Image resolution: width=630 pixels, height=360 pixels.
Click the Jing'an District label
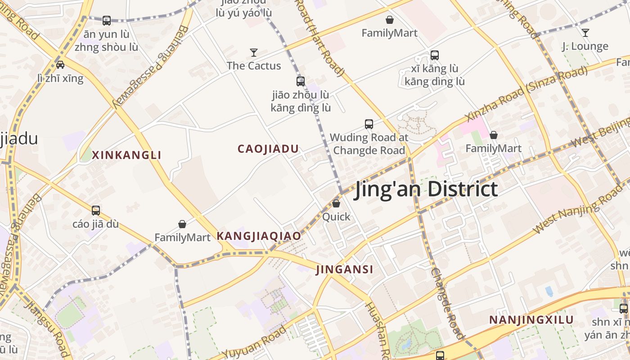coord(426,189)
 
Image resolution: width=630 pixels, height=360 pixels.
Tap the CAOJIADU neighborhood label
coord(268,149)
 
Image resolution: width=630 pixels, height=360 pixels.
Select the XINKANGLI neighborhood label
coord(126,155)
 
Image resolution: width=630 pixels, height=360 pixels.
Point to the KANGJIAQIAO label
coord(259,236)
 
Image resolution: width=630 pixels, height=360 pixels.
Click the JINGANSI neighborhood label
coord(345,270)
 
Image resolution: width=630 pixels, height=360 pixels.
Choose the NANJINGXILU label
coord(531,320)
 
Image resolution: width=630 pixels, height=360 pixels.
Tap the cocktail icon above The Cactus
coord(254,53)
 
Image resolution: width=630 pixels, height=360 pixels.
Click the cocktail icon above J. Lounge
coord(585,33)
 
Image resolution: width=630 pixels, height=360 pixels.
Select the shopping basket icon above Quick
coord(336,203)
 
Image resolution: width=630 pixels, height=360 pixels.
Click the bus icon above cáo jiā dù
coord(96,210)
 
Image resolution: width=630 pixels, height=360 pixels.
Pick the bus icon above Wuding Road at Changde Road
coord(369,124)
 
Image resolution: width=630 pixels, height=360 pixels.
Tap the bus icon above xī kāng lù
coord(435,55)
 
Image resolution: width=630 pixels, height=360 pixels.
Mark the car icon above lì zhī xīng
coord(60,64)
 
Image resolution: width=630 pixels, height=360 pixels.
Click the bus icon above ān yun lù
coord(107,20)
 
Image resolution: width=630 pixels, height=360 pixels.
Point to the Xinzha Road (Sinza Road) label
coord(527,94)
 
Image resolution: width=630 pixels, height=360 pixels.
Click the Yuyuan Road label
coord(255,343)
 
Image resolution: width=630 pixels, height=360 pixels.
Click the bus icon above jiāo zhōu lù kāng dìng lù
coord(301,81)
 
